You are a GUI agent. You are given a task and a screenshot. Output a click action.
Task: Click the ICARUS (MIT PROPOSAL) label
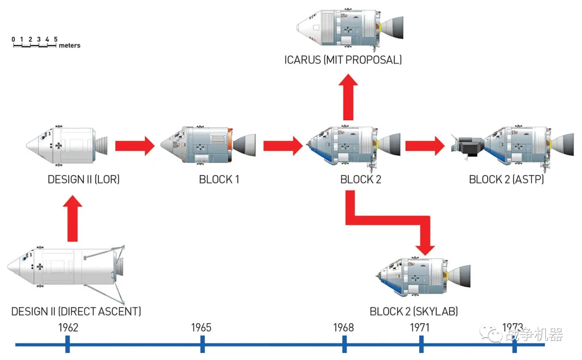pyautogui.click(x=343, y=60)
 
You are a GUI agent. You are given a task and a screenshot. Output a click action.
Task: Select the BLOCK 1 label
pyautogui.click(x=219, y=179)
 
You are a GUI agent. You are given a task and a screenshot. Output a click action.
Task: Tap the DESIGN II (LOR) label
pyautogui.click(x=84, y=179)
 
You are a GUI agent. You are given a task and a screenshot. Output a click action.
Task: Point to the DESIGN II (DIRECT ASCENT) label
pyautogui.click(x=76, y=311)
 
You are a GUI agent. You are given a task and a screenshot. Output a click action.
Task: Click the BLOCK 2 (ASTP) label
pyautogui.click(x=506, y=179)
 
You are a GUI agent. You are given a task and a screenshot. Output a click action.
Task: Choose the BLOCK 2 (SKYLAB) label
pyautogui.click(x=413, y=311)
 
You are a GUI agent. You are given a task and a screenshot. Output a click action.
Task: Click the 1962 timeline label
pyautogui.click(x=68, y=328)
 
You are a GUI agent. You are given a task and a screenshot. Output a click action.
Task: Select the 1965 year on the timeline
pyautogui.click(x=201, y=328)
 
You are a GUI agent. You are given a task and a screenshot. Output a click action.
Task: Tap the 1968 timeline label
pyautogui.click(x=343, y=328)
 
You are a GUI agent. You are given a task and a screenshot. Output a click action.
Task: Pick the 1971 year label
pyautogui.click(x=420, y=328)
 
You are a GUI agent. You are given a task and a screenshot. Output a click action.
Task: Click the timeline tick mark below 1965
pyautogui.click(x=202, y=344)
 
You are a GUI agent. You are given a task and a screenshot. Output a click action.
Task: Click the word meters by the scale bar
pyautogui.click(x=70, y=46)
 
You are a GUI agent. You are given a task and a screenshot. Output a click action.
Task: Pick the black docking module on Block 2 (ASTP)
pyautogui.click(x=468, y=147)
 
